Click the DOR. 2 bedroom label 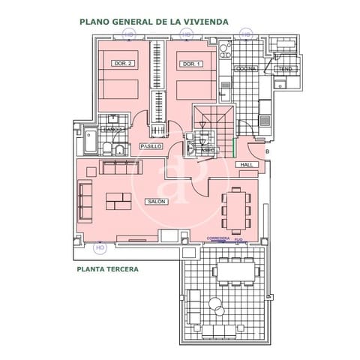(x=121, y=64)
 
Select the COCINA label (x=246, y=68)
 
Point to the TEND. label (x=285, y=70)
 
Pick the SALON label (x=157, y=201)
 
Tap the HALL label (x=245, y=164)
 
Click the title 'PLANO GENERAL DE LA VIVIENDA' (x=154, y=22)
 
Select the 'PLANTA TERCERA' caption (x=106, y=268)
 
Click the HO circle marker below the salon (x=100, y=246)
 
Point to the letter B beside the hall (x=268, y=152)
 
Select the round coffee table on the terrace (x=216, y=304)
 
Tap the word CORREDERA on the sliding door (x=218, y=239)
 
